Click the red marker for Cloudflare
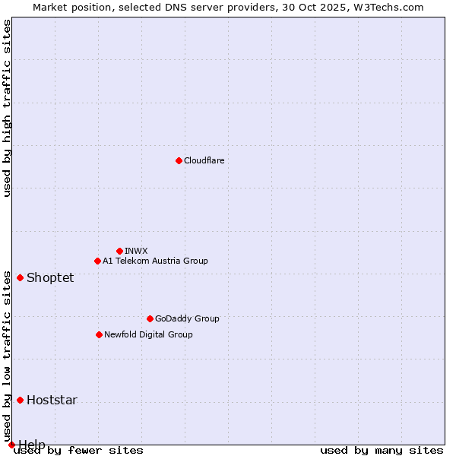[179, 160]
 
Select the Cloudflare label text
[204, 160]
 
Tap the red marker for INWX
[119, 251]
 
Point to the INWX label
[136, 251]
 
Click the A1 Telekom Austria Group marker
[97, 261]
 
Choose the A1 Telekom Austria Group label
[155, 261]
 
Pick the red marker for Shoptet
[20, 277]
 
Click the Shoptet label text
[50, 277]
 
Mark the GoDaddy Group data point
[150, 318]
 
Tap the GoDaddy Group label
[187, 318]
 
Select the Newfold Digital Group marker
[99, 334]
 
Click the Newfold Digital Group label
[148, 334]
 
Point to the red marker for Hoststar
[20, 400]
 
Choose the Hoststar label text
[52, 400]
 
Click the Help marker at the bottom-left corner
[11, 445]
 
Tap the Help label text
[32, 444]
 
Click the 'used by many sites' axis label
[382, 451]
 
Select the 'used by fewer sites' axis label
[79, 451]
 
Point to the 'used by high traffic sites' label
[7, 108]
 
